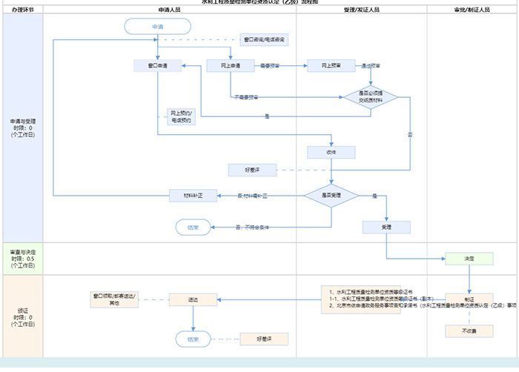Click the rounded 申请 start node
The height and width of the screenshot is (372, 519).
tap(157, 27)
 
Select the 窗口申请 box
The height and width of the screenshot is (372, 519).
tap(157, 66)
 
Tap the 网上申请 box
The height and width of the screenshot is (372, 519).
tap(231, 66)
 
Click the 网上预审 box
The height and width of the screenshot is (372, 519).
tap(331, 66)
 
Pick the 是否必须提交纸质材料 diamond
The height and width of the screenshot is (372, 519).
tap(369, 96)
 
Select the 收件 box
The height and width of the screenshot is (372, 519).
tap(331, 152)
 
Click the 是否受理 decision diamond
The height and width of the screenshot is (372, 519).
tap(331, 196)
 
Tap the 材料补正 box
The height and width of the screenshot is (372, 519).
tap(193, 196)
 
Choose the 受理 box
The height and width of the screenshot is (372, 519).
tap(386, 227)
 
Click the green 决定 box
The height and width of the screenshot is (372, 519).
tap(469, 259)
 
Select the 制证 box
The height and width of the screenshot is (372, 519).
tap(469, 300)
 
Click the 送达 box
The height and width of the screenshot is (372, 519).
tap(193, 300)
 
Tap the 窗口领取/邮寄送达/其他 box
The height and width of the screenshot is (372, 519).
tap(114, 299)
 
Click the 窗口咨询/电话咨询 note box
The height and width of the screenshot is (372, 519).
tap(265, 39)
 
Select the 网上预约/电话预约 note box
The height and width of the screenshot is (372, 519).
tap(180, 116)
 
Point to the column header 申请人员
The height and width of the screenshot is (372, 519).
tap(170, 10)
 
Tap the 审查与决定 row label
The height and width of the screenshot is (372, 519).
tap(22, 258)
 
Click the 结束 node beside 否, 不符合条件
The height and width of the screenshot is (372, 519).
tap(193, 227)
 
